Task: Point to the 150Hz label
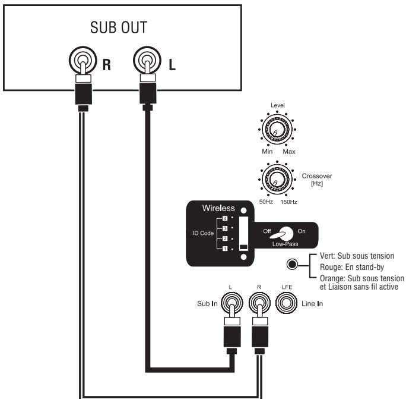[289, 202]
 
